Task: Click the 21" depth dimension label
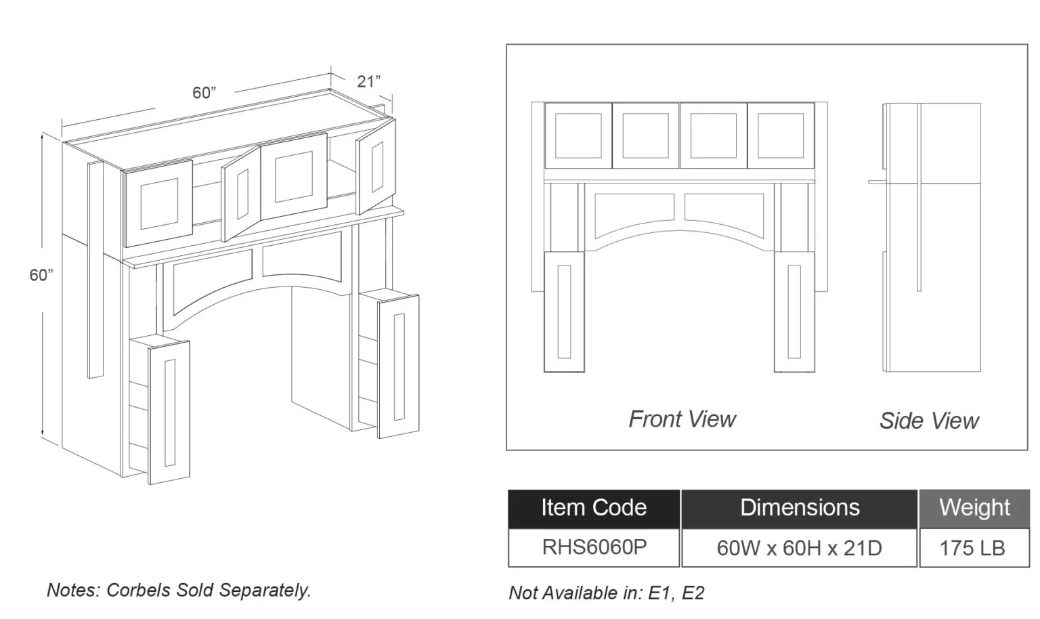[x=368, y=82]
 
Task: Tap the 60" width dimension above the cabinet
[x=204, y=93]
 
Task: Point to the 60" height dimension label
[x=41, y=275]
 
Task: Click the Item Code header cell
[x=594, y=509]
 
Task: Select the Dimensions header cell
[x=800, y=509]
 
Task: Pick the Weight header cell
[x=974, y=509]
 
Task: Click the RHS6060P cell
[x=594, y=548]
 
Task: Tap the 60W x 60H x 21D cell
[x=800, y=548]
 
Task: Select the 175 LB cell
[x=974, y=548]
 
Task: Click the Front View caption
[x=682, y=419]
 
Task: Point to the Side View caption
[x=929, y=421]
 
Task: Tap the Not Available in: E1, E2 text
[x=607, y=593]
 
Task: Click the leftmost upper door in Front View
[x=578, y=135]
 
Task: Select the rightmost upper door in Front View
[x=781, y=135]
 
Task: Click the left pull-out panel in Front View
[x=564, y=312]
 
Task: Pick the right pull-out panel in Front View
[x=794, y=312]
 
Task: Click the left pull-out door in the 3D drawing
[x=169, y=412]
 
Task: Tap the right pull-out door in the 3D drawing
[x=398, y=366]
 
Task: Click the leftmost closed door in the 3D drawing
[x=159, y=203]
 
